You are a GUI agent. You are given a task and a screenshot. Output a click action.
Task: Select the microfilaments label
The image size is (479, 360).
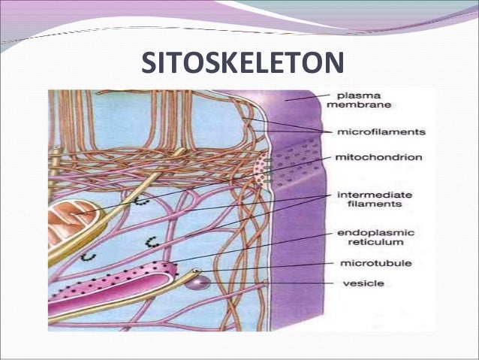pyautogui.click(x=381, y=132)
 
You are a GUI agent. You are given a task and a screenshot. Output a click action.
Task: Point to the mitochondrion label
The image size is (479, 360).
pyautogui.click(x=379, y=158)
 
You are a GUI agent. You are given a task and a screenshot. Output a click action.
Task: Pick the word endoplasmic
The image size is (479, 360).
pyautogui.click(x=373, y=232)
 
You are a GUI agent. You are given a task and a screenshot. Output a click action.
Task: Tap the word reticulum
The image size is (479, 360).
pyautogui.click(x=364, y=243)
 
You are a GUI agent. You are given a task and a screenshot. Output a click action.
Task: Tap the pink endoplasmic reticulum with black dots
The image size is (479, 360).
pyautogui.click(x=113, y=282)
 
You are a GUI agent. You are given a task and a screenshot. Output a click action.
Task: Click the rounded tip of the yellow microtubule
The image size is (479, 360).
pyautogui.click(x=197, y=272)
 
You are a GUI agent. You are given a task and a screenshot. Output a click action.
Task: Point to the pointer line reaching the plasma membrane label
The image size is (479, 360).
pyautogui.click(x=308, y=97)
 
